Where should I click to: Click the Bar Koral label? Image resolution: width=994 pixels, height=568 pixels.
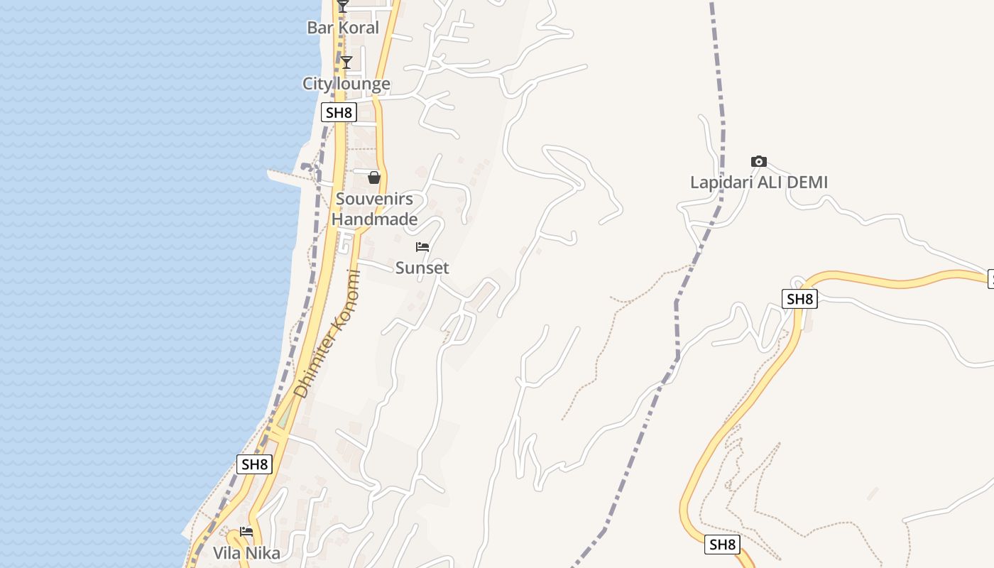(343, 28)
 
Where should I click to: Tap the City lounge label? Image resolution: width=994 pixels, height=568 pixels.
(346, 84)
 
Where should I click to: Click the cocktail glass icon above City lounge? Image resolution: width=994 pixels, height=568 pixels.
(346, 62)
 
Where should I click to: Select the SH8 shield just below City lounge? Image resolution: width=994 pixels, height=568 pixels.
(338, 112)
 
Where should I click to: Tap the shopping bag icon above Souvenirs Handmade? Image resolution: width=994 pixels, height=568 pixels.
(374, 177)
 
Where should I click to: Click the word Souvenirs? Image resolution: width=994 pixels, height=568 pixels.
(374, 199)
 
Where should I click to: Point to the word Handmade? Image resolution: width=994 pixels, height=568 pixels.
(374, 219)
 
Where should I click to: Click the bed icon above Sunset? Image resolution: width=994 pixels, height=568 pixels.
(422, 247)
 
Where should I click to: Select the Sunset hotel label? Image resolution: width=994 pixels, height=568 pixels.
(422, 268)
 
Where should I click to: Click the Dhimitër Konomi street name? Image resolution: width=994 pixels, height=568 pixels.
(327, 334)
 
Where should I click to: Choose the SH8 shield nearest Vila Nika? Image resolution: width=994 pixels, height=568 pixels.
(254, 464)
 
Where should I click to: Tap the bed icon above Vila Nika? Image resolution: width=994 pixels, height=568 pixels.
(246, 531)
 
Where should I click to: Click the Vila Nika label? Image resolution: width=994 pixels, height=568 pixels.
(246, 553)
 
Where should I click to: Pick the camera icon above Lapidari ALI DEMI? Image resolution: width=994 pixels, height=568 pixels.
(759, 162)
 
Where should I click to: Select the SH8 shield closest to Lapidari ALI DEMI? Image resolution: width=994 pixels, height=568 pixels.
(799, 299)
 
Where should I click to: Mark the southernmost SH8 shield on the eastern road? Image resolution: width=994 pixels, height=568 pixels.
(723, 545)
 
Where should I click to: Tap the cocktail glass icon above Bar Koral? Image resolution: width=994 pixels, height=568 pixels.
(343, 6)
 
